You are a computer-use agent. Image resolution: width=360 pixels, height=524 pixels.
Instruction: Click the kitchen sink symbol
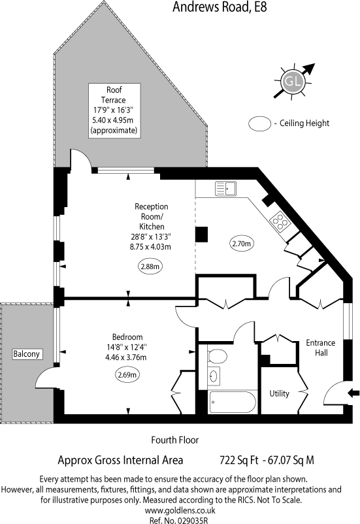tap(225, 188)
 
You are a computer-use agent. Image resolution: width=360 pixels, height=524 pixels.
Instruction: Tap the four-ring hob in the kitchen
tap(280, 221)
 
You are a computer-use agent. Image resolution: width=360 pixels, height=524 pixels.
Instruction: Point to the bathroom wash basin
tap(214, 376)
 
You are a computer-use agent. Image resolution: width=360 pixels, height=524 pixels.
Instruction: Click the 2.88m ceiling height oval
tap(150, 267)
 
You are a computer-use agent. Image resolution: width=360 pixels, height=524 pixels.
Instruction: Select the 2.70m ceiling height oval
tap(241, 244)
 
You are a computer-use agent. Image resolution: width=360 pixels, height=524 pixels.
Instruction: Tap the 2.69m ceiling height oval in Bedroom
tap(127, 374)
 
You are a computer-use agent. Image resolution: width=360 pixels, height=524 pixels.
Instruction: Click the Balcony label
tap(26, 353)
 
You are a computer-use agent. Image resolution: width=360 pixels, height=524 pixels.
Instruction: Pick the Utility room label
tap(279, 394)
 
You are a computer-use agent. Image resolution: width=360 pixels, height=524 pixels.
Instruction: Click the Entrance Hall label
tap(321, 348)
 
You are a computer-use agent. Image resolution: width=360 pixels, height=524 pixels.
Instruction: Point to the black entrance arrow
tap(353, 393)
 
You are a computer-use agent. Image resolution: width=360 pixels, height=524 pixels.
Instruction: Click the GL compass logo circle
tap(293, 81)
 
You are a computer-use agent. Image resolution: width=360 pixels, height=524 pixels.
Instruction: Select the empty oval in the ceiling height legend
tap(260, 123)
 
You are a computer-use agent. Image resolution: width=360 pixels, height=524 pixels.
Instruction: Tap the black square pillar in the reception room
tap(201, 235)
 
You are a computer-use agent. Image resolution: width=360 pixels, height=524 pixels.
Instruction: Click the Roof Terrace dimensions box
tap(114, 110)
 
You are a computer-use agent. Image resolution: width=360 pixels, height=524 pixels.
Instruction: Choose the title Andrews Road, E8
tap(220, 7)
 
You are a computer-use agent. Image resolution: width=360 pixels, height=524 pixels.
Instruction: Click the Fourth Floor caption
tap(175, 440)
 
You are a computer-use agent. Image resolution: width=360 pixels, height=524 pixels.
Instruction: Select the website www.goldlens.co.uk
tap(180, 510)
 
